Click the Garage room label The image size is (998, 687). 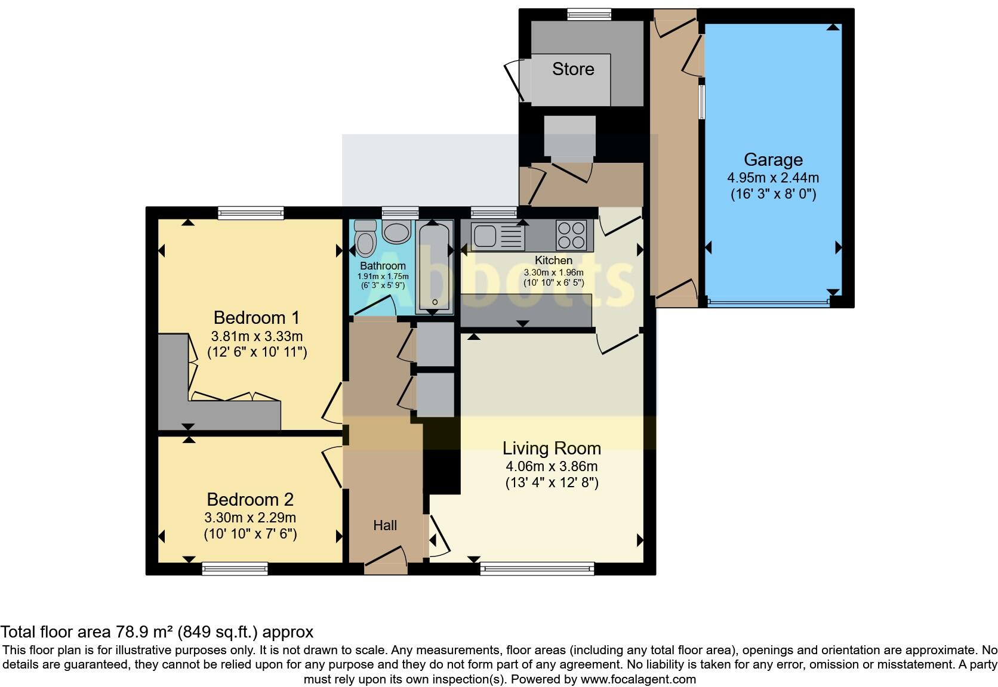(772, 160)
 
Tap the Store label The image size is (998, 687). (572, 69)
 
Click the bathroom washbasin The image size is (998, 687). (396, 232)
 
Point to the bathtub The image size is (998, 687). (435, 266)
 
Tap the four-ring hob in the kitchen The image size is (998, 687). (571, 234)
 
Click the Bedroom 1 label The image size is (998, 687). (257, 317)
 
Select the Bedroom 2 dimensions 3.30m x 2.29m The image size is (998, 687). (250, 518)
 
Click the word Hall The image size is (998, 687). (385, 525)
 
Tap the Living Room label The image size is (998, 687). (552, 448)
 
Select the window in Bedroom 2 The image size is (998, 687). (235, 569)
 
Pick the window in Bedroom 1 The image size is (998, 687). (250, 213)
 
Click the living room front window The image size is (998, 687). (537, 569)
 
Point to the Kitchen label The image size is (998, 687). (553, 261)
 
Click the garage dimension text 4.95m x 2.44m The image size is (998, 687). (772, 178)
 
